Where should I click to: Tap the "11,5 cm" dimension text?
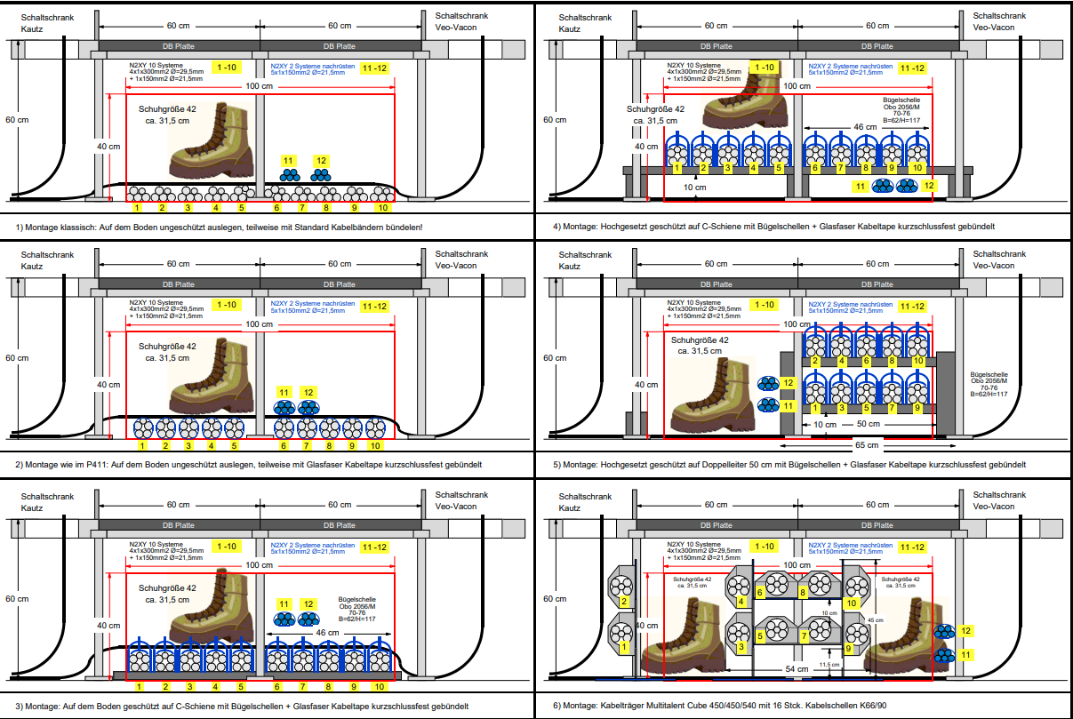(x=829, y=664)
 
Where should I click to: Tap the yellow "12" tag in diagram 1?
(x=320, y=160)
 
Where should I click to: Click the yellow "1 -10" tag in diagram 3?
(x=226, y=545)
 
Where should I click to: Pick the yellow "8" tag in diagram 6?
(x=802, y=591)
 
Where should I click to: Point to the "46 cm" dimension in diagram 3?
(x=327, y=633)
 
